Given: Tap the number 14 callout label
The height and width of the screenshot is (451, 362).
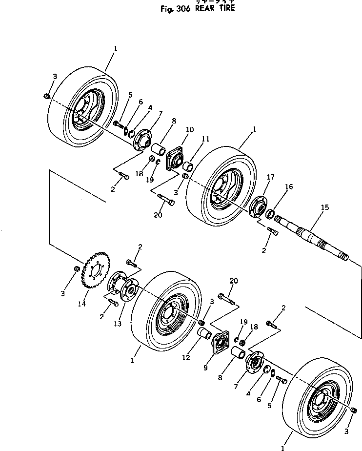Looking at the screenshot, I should [x=81, y=304].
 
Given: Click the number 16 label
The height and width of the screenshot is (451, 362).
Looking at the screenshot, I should [x=289, y=187].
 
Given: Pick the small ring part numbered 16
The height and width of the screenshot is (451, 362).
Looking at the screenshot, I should [x=270, y=212].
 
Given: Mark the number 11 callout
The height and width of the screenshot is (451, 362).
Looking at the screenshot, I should [x=205, y=139].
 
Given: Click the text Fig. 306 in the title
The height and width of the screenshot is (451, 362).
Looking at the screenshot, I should [x=177, y=8].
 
